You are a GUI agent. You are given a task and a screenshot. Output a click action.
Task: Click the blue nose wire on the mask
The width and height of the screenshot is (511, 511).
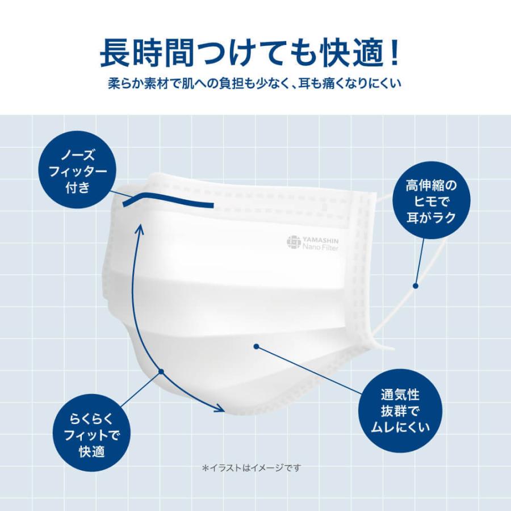click(170, 200)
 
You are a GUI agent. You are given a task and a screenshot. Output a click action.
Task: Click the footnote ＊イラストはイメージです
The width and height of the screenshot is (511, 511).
click(251, 468)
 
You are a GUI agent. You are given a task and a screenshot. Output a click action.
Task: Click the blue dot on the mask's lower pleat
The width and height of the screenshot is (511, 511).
click(257, 346)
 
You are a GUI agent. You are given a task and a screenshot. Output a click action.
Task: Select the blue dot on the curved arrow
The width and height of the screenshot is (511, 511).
click(161, 372)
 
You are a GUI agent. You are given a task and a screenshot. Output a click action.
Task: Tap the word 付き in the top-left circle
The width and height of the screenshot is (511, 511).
click(85, 187)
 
